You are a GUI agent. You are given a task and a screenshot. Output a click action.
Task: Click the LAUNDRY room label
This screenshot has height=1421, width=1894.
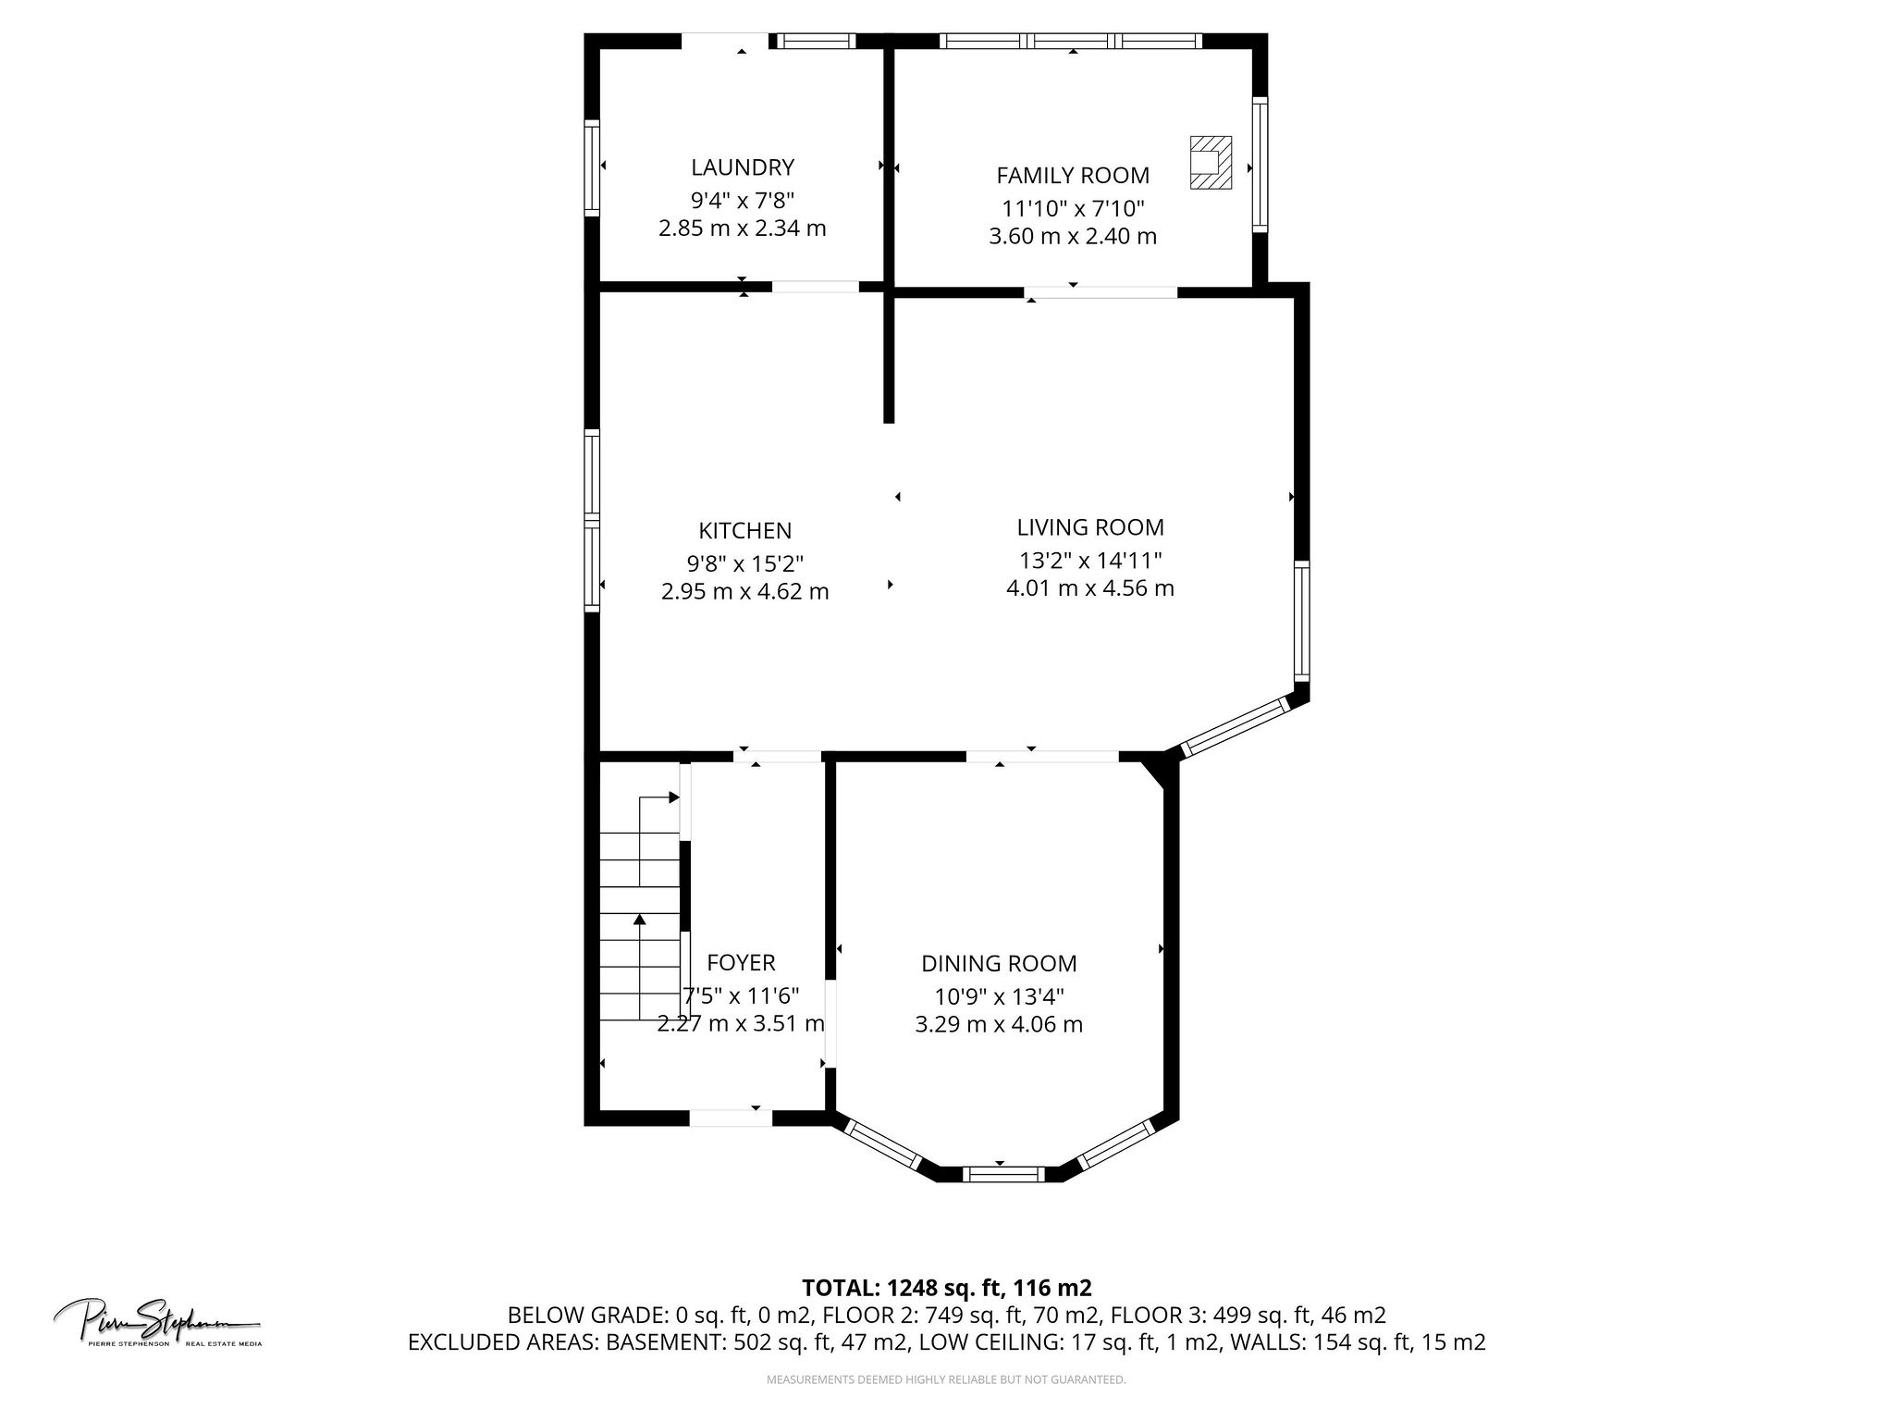(743, 167)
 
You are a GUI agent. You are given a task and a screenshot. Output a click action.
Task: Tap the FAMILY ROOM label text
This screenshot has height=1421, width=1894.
(1073, 176)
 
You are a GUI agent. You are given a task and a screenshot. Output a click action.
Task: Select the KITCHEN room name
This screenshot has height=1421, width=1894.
(744, 531)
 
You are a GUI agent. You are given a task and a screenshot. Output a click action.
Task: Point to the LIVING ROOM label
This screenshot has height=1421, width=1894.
(1090, 527)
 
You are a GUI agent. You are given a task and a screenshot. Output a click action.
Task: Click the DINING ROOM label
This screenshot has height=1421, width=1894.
(999, 964)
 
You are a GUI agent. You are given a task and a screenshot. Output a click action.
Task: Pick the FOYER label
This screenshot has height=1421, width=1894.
(741, 963)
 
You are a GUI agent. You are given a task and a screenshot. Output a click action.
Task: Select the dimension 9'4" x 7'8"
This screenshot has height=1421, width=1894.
(743, 200)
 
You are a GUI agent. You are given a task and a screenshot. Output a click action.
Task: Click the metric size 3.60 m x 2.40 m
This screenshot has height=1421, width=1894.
(1073, 237)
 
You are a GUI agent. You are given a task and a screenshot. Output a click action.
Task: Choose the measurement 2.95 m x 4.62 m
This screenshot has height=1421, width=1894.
(744, 592)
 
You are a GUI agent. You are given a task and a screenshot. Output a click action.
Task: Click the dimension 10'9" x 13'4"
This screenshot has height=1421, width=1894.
(999, 997)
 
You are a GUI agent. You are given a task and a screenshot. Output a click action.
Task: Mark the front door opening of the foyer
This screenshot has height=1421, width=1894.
(731, 1118)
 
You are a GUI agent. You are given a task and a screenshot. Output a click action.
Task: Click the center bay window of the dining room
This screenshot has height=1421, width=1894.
(1003, 1175)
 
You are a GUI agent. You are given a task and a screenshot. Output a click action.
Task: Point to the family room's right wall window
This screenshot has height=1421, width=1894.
(1260, 164)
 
